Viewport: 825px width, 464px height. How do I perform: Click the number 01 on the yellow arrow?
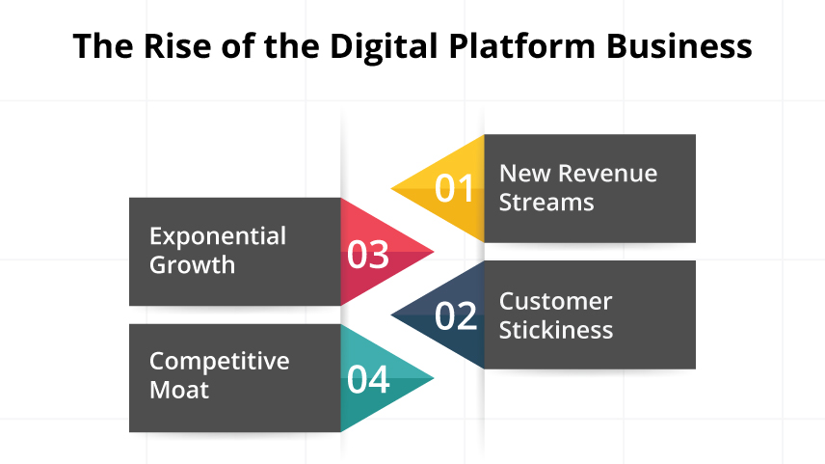click(455, 188)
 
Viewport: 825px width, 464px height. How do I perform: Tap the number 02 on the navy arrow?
click(456, 315)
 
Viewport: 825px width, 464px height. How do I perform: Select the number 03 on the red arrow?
click(368, 254)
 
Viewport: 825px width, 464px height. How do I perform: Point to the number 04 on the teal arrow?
click(368, 379)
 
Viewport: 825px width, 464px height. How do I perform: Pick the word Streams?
click(546, 203)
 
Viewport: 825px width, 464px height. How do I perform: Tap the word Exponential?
click(218, 236)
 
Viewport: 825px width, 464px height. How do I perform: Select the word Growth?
click(192, 265)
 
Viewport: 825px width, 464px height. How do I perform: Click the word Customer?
click(555, 301)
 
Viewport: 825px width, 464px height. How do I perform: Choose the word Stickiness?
click(556, 330)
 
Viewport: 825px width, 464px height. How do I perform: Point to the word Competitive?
click(219, 361)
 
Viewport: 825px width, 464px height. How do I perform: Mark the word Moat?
click(179, 390)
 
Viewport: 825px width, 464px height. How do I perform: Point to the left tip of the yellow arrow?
click(391, 188)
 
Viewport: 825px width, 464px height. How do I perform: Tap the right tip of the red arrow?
click(434, 253)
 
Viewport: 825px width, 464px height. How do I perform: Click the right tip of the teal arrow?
click(434, 378)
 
